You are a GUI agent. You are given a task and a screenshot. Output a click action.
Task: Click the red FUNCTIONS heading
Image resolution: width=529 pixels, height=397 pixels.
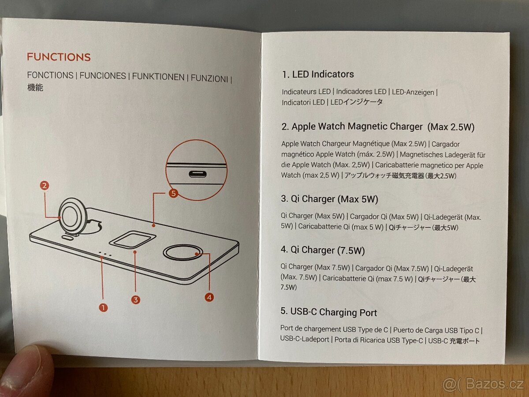tap(59, 57)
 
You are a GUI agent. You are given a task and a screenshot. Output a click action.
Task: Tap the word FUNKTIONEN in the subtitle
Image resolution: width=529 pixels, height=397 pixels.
tap(158, 77)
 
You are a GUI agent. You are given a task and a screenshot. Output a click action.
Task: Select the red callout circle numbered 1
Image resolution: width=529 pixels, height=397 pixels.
tap(104, 308)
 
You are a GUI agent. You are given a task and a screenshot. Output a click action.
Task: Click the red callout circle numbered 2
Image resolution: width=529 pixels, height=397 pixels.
tap(45, 186)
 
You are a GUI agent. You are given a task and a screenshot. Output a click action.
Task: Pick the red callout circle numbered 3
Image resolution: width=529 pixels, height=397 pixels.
tap(136, 300)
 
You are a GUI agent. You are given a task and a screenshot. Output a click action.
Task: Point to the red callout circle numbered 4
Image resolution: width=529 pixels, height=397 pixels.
tap(209, 297)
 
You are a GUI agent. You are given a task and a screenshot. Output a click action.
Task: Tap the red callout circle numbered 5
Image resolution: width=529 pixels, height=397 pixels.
tap(173, 193)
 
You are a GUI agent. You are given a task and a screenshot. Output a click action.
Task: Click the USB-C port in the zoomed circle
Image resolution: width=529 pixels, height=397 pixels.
tap(197, 174)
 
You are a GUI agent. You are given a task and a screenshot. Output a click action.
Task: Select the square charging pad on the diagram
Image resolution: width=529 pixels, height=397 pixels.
tap(132, 239)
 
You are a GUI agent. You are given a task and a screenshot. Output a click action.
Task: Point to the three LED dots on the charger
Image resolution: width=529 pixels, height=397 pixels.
tap(105, 254)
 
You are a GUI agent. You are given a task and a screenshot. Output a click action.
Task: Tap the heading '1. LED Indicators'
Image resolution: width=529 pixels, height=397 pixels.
tap(318, 74)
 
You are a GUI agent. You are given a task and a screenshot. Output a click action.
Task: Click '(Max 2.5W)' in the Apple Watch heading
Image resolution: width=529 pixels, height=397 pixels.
tap(451, 127)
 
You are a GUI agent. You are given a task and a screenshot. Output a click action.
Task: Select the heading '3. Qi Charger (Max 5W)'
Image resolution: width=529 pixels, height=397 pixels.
tap(329, 199)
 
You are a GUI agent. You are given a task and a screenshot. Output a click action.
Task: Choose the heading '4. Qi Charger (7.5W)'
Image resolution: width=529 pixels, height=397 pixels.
tap(323, 250)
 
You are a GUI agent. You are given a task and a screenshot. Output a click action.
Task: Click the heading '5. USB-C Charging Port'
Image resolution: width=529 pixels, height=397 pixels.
tap(329, 312)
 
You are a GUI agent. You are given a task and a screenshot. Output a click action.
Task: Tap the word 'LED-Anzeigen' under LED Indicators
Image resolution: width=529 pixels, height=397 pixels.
tap(413, 92)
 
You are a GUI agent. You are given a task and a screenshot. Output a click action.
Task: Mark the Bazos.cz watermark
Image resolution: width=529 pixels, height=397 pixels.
tap(483, 384)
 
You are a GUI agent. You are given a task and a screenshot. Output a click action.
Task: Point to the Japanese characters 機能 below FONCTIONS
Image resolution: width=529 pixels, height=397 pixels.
tap(35, 87)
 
